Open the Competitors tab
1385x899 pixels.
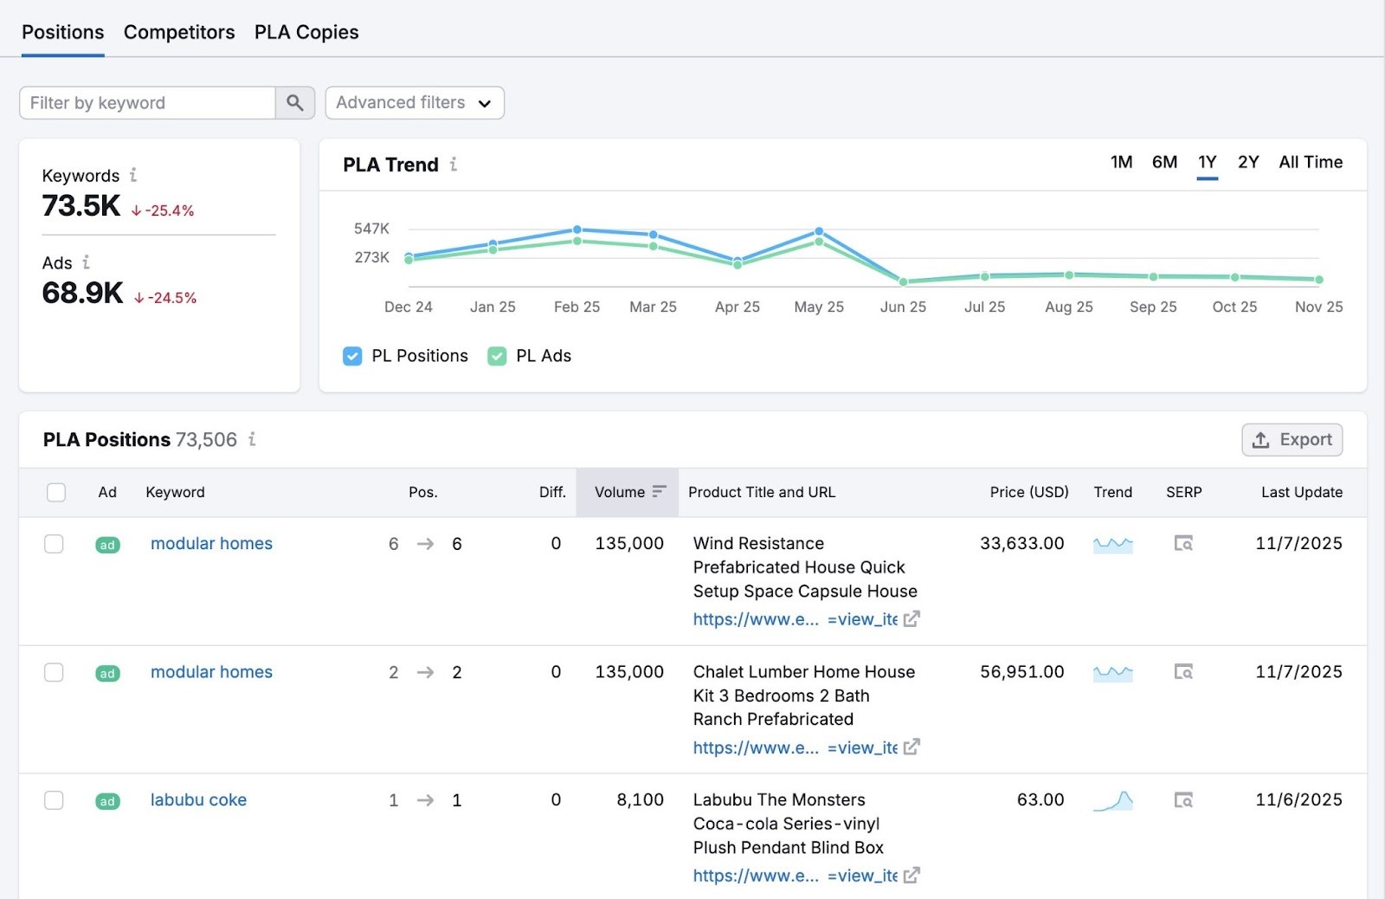coord(179,32)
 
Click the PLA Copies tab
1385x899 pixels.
coord(306,32)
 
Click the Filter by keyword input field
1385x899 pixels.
coord(147,103)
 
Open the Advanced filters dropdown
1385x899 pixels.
coord(414,103)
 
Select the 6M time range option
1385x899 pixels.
coord(1164,162)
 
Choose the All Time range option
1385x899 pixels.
coord(1310,162)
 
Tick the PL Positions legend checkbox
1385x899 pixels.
coord(352,356)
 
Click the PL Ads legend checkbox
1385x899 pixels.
coord(497,356)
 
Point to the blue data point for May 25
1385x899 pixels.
coord(819,231)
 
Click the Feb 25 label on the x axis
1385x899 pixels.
coord(577,307)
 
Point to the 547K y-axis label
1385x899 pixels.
coord(371,229)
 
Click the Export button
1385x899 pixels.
coord(1292,440)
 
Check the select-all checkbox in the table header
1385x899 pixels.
coord(56,492)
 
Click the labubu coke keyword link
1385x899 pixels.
coord(198,800)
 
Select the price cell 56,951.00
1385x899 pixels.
coord(1021,672)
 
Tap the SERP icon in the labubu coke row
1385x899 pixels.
coord(1183,800)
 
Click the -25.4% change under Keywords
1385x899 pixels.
coord(164,210)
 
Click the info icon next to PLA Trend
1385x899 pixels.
coord(454,165)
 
